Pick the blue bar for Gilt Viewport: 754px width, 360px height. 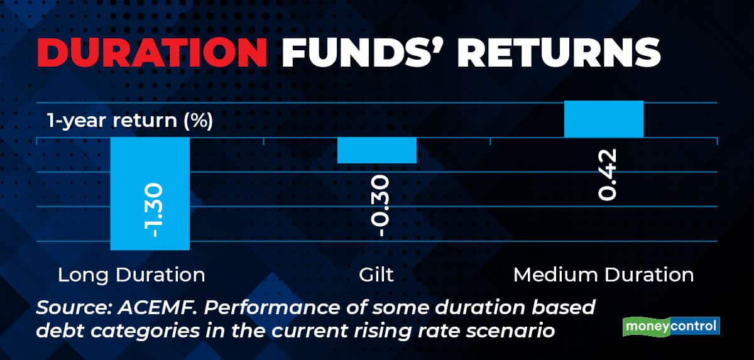point(377,150)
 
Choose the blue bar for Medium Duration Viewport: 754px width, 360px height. point(604,119)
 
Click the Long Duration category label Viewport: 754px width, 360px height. point(131,275)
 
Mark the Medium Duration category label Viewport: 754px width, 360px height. point(603,275)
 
